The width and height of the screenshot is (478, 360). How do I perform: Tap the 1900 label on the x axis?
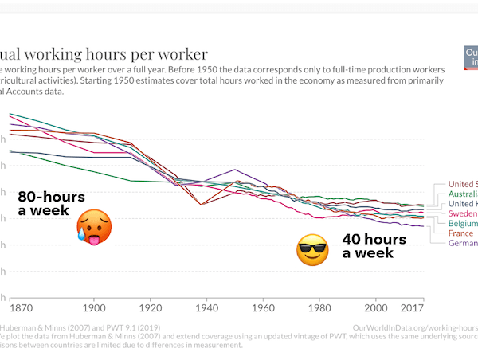coord(94,307)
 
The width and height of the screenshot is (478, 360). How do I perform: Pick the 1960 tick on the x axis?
coord(264,307)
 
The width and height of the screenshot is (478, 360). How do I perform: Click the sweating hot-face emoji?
coord(94,226)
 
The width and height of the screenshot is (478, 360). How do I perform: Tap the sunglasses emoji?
coord(312,250)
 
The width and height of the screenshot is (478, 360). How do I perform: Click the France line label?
coord(461,233)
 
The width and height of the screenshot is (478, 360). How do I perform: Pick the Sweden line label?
coord(463,213)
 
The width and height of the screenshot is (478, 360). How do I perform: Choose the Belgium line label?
coord(463,224)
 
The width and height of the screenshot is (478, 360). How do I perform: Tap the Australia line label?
coord(463,194)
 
